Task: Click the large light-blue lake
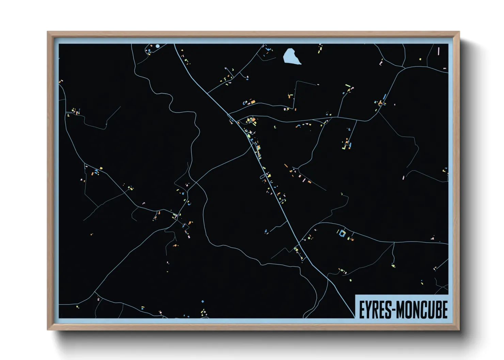[291, 56]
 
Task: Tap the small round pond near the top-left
[157, 46]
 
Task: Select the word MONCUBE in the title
[422, 309]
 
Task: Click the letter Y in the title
[368, 309]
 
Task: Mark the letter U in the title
[429, 309]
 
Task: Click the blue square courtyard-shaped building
[342, 233]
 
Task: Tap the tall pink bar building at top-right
[439, 51]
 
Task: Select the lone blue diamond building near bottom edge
[203, 301]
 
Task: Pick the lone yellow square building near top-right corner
[420, 59]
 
